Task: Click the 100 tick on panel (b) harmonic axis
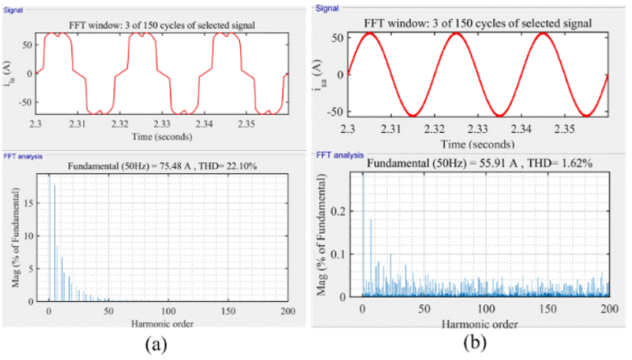[x=485, y=309]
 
